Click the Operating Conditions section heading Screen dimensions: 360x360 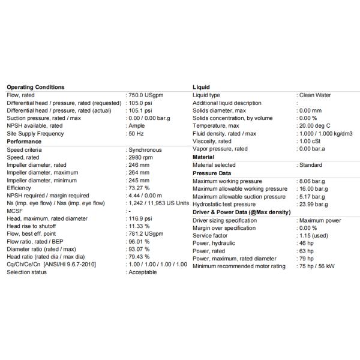(x=35, y=87)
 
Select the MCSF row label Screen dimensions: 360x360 (x=14, y=211)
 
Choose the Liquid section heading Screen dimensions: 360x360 (x=201, y=87)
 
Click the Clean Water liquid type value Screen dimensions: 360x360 (x=316, y=95)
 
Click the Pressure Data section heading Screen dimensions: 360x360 (x=212, y=173)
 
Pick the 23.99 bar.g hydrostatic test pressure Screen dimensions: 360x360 (x=313, y=205)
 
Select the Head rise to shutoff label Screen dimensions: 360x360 (x=31, y=226)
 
